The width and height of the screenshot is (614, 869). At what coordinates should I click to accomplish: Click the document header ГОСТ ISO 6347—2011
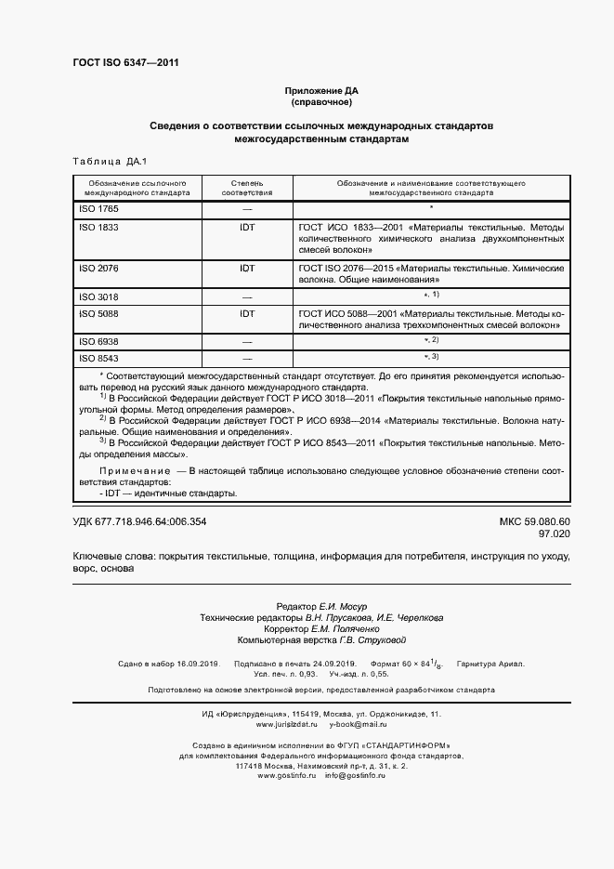pos(125,63)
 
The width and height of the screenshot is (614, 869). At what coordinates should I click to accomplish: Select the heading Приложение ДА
pos(320,91)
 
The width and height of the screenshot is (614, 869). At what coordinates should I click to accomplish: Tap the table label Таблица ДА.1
pos(109,163)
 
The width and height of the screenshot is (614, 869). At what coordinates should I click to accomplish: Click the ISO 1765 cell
pos(98,209)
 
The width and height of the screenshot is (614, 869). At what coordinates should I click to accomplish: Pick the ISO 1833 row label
pos(98,226)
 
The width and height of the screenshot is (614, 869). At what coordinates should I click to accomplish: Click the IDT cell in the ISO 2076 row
pos(247,268)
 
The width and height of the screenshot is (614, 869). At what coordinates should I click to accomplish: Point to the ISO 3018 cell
pos(98,296)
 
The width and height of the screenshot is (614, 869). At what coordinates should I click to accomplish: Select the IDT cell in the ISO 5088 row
pos(247,314)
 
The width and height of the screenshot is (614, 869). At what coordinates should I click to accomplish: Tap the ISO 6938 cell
pos(98,342)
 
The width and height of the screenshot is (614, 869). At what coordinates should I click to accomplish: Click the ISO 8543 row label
pos(98,357)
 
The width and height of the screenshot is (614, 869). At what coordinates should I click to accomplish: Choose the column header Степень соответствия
pos(247,188)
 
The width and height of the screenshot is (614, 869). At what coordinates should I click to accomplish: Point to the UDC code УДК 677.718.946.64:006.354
pos(139,521)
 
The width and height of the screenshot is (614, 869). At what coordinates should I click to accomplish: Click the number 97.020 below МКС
pos(554,534)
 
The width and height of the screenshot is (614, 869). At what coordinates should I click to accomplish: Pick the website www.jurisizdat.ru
pos(286,723)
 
